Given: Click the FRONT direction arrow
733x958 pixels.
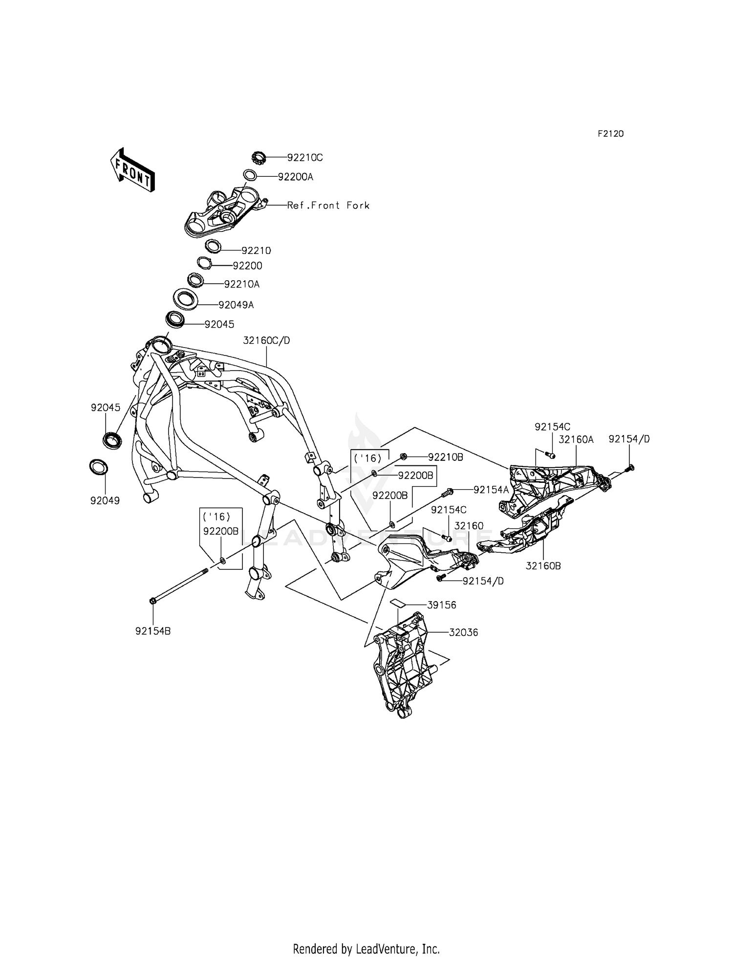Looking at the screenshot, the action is coord(132,169).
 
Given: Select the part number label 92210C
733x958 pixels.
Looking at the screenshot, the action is coord(305,158).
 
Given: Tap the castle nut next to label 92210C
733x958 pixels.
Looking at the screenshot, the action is coord(258,157).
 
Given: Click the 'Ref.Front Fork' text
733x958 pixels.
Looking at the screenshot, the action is coord(328,206).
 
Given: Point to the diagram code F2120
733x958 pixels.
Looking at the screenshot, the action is coord(610,134).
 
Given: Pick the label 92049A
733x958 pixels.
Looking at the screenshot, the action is coord(236,305).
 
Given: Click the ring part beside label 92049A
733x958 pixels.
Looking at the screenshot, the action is coord(186,299).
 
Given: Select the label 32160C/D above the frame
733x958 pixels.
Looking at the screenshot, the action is coord(266,340).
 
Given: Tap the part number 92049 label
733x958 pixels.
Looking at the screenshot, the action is coord(105,500).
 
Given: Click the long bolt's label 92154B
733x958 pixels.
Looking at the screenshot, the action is coord(153,631).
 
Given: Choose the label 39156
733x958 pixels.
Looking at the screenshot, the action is coord(442,605).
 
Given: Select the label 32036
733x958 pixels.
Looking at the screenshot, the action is coord(464,633).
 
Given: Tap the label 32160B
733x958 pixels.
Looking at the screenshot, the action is coord(543,566).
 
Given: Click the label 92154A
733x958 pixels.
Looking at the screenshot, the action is coord(491,489).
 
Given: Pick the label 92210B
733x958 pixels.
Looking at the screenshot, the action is coord(446,458).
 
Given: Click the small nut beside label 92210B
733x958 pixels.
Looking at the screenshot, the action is coord(404,457).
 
